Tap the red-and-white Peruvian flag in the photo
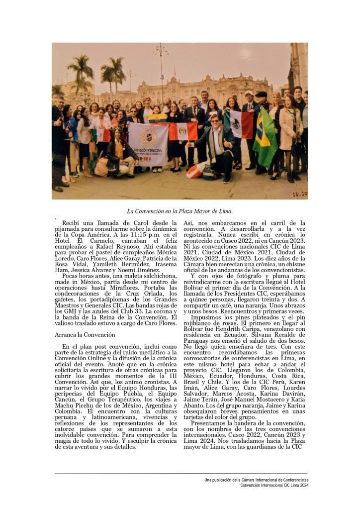(183, 131)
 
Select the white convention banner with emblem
(148, 144)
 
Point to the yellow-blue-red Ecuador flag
(157, 118)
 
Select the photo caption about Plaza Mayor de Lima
(180, 211)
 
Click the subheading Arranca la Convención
(85, 335)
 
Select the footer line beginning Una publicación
(257, 479)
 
